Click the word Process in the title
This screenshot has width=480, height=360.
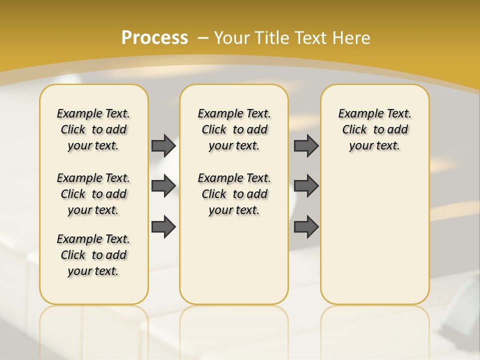pyautogui.click(x=154, y=38)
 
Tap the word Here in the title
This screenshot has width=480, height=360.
pyautogui.click(x=351, y=38)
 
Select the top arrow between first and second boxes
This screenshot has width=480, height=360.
pyautogui.click(x=163, y=145)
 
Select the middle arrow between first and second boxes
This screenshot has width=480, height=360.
pyautogui.click(x=163, y=185)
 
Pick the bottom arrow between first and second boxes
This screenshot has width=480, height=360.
pyautogui.click(x=163, y=226)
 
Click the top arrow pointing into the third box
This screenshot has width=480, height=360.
pyautogui.click(x=306, y=145)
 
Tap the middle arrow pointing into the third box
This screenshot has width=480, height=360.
pyautogui.click(x=306, y=185)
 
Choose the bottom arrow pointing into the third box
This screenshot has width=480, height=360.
pyautogui.click(x=306, y=226)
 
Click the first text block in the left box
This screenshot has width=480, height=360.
pyautogui.click(x=93, y=129)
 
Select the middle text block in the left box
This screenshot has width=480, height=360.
pyautogui.click(x=93, y=194)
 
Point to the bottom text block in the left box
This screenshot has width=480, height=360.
pyautogui.click(x=93, y=255)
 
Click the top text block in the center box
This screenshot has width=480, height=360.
pyautogui.click(x=234, y=129)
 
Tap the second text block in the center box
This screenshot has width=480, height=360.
pyautogui.click(x=234, y=194)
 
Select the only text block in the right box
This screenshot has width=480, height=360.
pyautogui.click(x=374, y=129)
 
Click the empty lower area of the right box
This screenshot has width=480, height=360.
pyautogui.click(x=374, y=240)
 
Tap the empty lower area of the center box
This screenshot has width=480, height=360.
pyautogui.click(x=234, y=260)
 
